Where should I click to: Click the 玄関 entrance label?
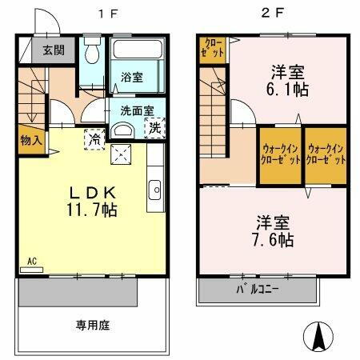[x=53, y=50]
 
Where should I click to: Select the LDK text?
[x=93, y=193]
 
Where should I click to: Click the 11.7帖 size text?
[x=93, y=210]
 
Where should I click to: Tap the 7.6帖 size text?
[x=273, y=239]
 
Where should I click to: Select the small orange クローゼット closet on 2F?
[x=214, y=49]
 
